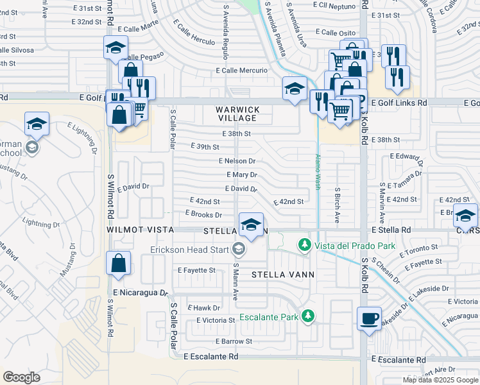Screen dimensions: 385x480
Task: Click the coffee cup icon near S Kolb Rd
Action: click(x=369, y=318)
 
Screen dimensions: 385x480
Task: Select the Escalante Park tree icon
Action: click(x=308, y=316)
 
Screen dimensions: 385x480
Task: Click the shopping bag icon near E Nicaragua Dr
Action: click(x=119, y=263)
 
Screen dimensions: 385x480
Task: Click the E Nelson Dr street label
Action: click(x=237, y=161)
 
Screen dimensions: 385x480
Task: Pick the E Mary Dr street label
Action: click(x=241, y=175)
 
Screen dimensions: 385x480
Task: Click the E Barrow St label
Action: click(x=234, y=341)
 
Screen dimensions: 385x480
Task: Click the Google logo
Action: click(x=21, y=377)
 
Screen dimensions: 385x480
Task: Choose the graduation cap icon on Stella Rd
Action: click(x=251, y=225)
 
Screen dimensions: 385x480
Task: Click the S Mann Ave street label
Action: click(x=236, y=282)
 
